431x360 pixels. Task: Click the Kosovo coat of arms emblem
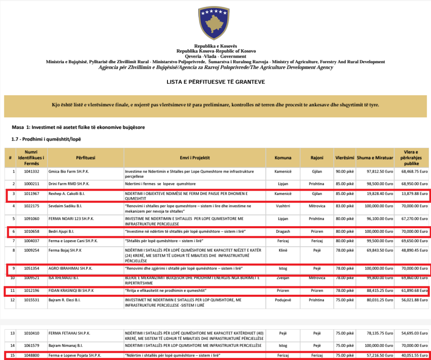click(215, 24)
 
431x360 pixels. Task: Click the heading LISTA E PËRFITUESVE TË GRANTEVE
click(215, 81)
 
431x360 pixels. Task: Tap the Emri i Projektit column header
click(194, 158)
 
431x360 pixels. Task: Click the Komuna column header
click(283, 158)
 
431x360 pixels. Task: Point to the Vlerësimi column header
click(345, 158)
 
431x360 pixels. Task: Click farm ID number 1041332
click(31, 172)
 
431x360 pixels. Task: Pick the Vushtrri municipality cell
click(283, 206)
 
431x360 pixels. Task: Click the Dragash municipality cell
click(283, 232)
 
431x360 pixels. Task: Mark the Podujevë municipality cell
click(283, 300)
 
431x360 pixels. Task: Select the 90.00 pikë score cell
click(345, 172)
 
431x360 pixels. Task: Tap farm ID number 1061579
click(31, 345)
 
